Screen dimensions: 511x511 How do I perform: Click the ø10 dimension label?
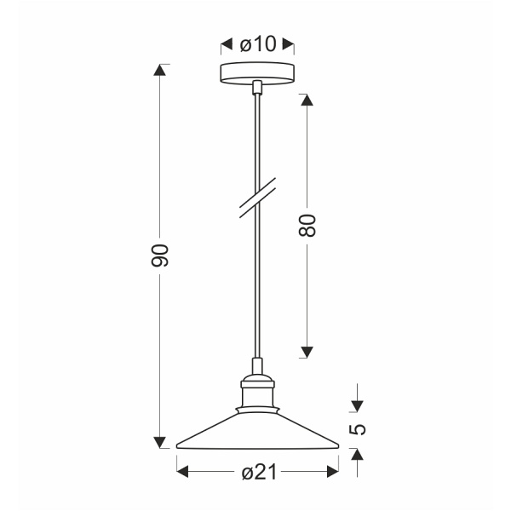coord(257,44)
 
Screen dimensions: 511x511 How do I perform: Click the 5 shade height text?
coord(358,428)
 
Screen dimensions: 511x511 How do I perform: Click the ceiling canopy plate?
coord(256,73)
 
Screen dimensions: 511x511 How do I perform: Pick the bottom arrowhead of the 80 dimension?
coord(308,351)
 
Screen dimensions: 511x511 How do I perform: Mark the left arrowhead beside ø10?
coord(226,44)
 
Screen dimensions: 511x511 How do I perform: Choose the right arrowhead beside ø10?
coord(289,44)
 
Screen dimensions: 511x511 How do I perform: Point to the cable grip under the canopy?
coord(256,87)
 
